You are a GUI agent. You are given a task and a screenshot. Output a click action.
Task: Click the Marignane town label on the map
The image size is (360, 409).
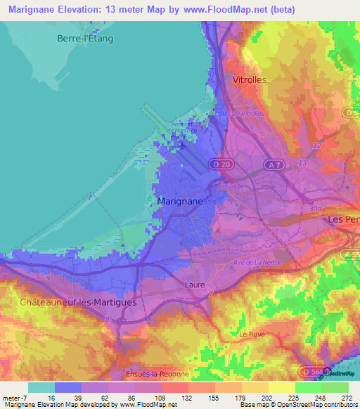tap(181, 201)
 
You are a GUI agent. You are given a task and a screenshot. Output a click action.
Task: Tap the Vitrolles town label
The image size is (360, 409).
tap(250, 80)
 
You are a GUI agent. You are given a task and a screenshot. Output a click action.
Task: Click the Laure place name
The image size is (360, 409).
tap(194, 285)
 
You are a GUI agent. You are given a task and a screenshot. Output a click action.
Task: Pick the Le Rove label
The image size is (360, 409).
tap(252, 334)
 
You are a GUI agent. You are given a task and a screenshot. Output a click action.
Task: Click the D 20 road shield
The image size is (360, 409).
tap(224, 164)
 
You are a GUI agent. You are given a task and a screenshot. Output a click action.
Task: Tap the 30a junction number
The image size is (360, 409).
tap(314, 209)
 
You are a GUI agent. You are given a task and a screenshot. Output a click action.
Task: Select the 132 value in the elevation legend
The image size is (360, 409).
tap(187, 398)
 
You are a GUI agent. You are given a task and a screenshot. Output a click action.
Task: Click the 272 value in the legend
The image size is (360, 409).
tap(347, 398)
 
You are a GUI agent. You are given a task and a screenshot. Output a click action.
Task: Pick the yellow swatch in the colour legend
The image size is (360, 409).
tap(282, 387)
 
